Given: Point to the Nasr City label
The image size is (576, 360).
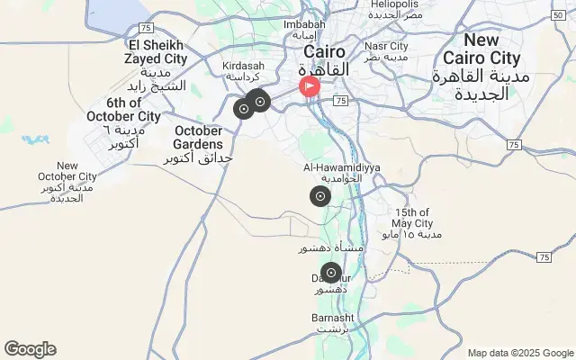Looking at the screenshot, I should [x=385, y=46].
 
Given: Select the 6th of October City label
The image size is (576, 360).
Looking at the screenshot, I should [x=124, y=108].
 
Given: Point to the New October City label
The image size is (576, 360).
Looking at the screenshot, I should [x=67, y=171].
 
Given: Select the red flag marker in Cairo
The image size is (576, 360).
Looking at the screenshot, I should [x=309, y=87].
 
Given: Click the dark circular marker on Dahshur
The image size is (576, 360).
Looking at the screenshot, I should [x=331, y=273].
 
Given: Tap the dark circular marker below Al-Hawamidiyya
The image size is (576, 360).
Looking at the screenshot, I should [x=320, y=197].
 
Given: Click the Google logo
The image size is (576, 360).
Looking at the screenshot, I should [x=30, y=349].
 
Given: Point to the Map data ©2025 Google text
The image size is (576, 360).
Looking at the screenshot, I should [x=520, y=353].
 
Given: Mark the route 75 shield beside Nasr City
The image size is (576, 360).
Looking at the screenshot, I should [x=339, y=102].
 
